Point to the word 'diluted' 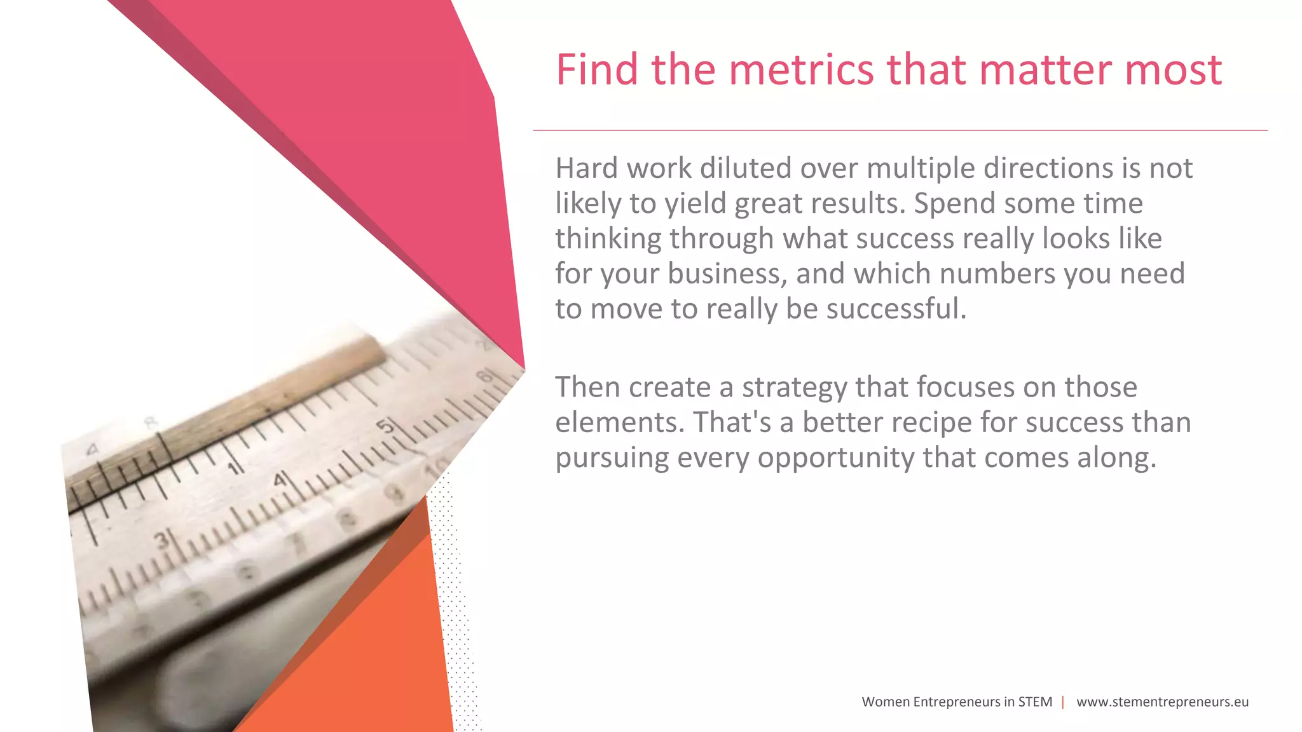(745, 168)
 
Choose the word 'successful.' (896, 309)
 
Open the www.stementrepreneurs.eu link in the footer (1162, 702)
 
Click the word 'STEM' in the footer (1035, 702)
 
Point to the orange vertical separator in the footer (1063, 702)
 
